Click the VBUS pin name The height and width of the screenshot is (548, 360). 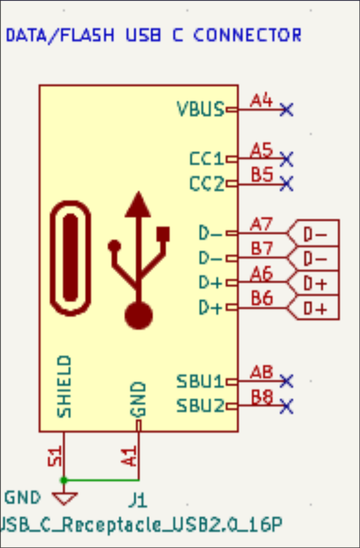[x=200, y=109]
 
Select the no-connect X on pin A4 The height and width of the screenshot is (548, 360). [x=286, y=110]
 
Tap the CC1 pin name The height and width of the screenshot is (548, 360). [x=206, y=159]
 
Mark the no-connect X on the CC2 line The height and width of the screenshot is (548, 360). [x=286, y=183]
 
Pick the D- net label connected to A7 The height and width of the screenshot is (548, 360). [x=315, y=234]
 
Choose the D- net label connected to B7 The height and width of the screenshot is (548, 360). [x=315, y=259]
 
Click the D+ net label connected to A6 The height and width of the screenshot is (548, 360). [x=315, y=284]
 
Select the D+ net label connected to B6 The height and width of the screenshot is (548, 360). [x=315, y=309]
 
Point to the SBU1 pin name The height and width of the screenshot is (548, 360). [x=200, y=382]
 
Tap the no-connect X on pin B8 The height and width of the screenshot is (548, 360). [x=286, y=407]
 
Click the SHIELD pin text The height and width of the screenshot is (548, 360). [x=64, y=387]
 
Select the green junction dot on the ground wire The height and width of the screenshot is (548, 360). [x=64, y=480]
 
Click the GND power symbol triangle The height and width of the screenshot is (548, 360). [x=64, y=498]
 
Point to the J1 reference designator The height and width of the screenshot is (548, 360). [x=138, y=501]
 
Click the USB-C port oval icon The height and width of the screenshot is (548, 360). [x=71, y=258]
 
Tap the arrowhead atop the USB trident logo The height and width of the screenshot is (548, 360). [x=138, y=205]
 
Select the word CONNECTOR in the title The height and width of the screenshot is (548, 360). [x=247, y=35]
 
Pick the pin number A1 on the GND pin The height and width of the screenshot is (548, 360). [x=130, y=456]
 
